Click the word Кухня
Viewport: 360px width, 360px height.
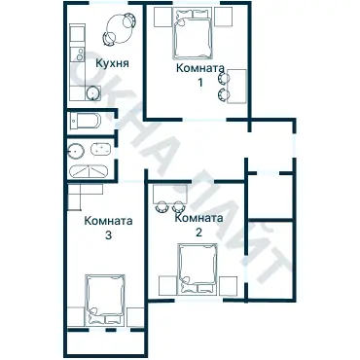(x=112, y=63)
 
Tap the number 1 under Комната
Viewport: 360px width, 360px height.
(x=200, y=83)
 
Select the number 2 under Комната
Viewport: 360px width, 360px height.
(x=198, y=232)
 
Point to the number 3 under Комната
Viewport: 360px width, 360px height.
(x=108, y=235)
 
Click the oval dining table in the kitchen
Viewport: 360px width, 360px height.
(x=121, y=29)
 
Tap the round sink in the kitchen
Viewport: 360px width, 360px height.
(x=93, y=93)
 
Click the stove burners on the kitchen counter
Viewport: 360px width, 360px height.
(x=79, y=55)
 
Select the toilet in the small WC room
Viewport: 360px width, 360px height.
(x=85, y=122)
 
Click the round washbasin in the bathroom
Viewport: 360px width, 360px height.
(x=76, y=151)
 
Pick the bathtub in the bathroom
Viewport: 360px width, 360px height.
(x=89, y=171)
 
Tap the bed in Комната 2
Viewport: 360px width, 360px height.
(x=197, y=269)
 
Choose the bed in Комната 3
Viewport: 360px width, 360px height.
(x=104, y=300)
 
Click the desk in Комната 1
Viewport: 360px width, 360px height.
(x=237, y=86)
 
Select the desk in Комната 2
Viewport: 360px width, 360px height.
(x=170, y=194)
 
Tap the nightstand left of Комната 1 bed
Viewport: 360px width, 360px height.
(x=162, y=17)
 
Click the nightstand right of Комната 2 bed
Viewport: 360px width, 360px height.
(x=228, y=286)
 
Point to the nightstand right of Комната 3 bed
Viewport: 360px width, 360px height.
(x=135, y=317)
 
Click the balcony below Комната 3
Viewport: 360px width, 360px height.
(x=105, y=343)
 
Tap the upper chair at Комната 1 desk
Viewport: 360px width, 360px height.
(x=224, y=78)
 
